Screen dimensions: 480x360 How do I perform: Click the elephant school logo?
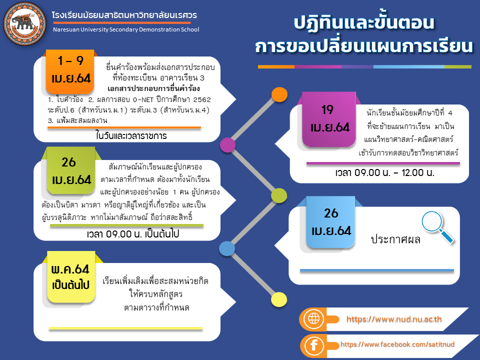(24, 23)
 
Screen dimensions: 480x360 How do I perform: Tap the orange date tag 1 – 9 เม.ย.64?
(70, 71)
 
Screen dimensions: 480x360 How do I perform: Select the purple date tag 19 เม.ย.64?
(329, 119)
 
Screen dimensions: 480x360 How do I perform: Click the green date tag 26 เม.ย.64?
(71, 170)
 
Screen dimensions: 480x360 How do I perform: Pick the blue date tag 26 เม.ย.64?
(330, 222)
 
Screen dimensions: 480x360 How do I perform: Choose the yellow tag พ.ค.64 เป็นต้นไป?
(71, 276)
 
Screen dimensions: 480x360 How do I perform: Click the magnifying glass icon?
(437, 227)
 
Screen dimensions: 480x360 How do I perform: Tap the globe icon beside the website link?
(313, 319)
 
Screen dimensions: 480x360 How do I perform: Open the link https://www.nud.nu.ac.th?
(394, 319)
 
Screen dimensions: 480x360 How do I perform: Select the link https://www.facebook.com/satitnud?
(397, 344)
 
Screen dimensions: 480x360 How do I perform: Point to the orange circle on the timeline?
(279, 94)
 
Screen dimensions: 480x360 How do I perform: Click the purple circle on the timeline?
(228, 145)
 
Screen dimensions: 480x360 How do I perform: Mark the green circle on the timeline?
(279, 195)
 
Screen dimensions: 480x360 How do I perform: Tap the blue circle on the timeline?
(227, 248)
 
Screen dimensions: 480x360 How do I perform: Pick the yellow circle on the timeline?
(279, 299)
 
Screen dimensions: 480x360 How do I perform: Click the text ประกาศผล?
(395, 239)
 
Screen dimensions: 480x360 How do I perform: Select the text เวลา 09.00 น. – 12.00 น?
(385, 172)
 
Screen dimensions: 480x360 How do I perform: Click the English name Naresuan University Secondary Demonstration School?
(126, 29)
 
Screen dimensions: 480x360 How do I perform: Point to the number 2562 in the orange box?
(202, 99)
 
